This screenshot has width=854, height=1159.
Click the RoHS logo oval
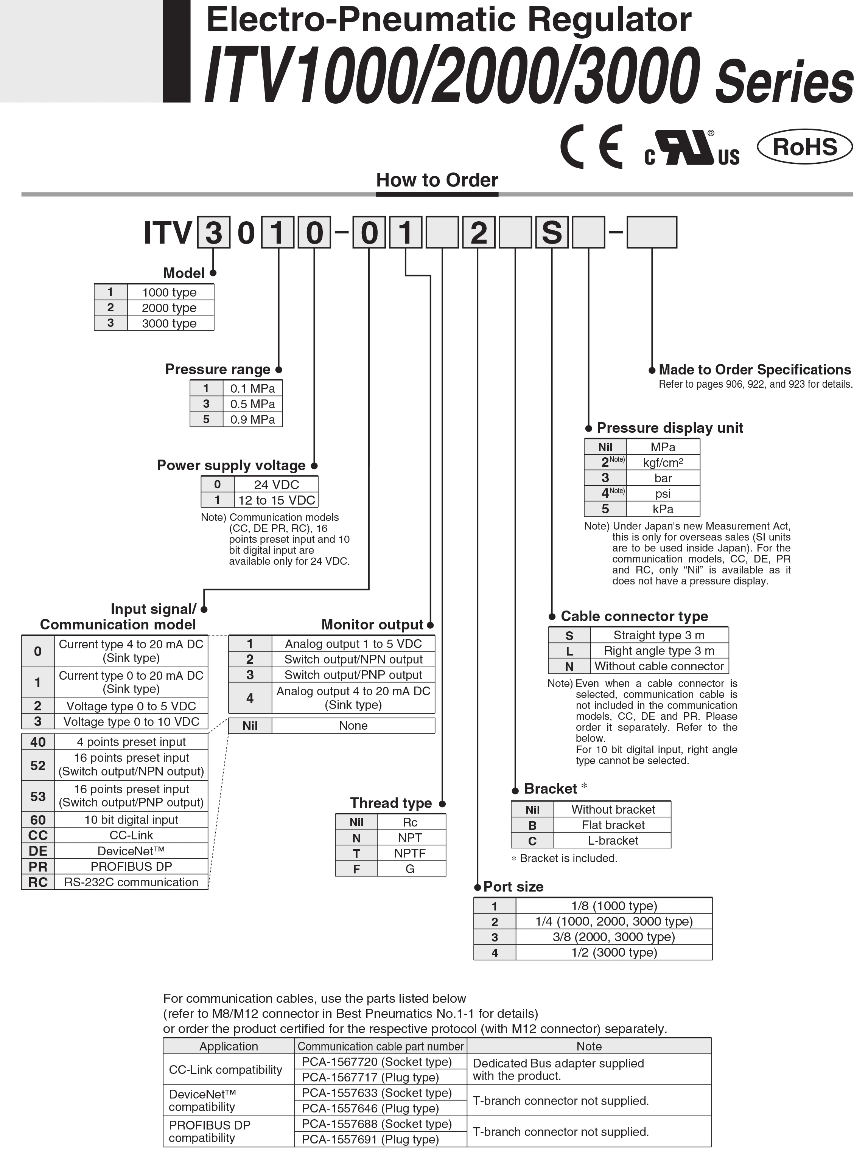pos(804,147)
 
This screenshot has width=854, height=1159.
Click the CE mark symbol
pos(591,147)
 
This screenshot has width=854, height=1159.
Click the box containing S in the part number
pos(552,233)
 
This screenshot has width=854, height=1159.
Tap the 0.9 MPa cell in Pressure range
pos(252,419)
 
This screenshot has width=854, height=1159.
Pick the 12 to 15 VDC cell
pos(276,500)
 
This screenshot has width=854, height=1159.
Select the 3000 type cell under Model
pos(170,323)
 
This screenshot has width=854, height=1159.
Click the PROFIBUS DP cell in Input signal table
pos(131,867)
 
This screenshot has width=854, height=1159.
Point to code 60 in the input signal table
pos(38,820)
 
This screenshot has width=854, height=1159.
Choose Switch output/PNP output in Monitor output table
pos(353,675)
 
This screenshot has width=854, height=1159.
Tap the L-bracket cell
pos(613,841)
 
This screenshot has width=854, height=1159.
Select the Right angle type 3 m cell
pos(659,651)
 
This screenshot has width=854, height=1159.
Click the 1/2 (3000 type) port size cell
pos(614,952)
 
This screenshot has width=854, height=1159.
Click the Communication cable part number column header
pos(381,1046)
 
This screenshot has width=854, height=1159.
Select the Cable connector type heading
pos(634,617)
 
